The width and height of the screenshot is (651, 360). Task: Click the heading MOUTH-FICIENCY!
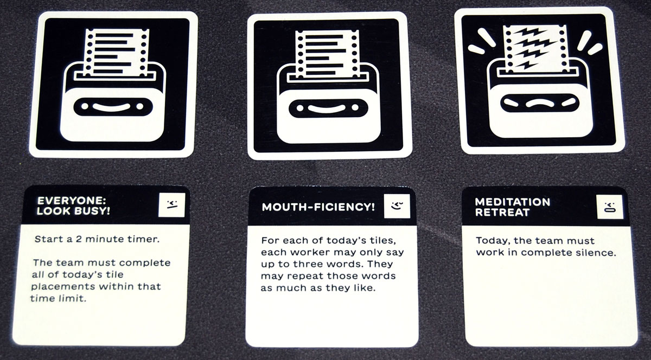coord(318,207)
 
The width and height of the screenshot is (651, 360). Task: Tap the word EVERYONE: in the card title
coord(72,201)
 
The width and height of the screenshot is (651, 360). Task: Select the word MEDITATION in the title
coord(512,202)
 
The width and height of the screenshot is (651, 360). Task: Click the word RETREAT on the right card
coord(502,213)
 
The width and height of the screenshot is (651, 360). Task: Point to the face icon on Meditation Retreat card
coord(610,207)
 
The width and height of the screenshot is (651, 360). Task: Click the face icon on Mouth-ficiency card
coord(397,206)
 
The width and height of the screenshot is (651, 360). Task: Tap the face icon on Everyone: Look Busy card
coord(172,205)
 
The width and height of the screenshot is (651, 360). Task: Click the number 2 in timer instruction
coord(79,239)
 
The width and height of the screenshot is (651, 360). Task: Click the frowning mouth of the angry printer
coord(540,102)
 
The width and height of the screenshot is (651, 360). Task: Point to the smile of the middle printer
coord(327,108)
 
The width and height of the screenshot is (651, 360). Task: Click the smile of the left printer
coord(112,107)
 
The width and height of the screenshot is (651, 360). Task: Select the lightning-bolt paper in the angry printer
coord(536,48)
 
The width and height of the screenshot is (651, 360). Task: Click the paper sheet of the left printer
coord(116,53)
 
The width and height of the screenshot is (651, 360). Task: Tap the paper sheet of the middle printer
coord(327,54)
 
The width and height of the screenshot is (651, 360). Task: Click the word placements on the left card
coord(62,287)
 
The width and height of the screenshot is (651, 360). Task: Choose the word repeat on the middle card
coord(301,276)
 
